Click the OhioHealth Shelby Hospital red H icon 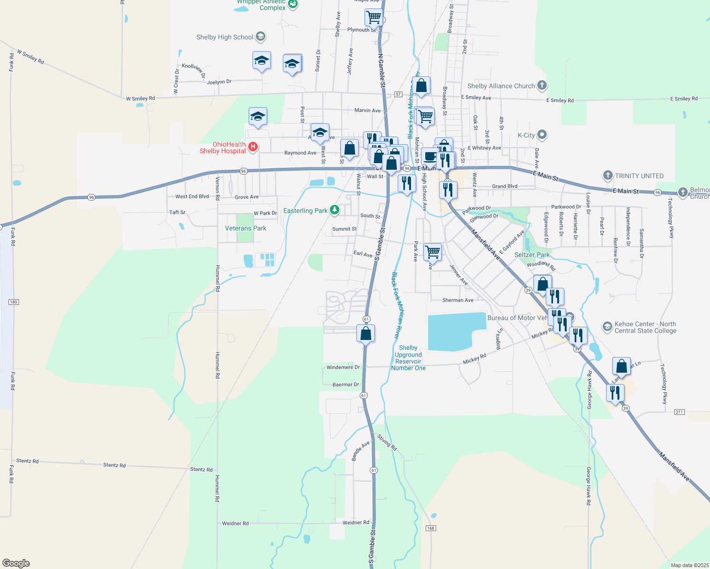pyautogui.click(x=253, y=147)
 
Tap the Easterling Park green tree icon pyautogui.click(x=335, y=210)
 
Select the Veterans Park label pyautogui.click(x=245, y=228)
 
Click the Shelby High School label pyautogui.click(x=225, y=37)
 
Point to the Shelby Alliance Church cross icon pyautogui.click(x=542, y=86)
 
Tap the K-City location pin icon pyautogui.click(x=542, y=135)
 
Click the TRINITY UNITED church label pyautogui.click(x=639, y=176)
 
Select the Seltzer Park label pyautogui.click(x=532, y=255)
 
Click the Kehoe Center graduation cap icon pyautogui.click(x=607, y=327)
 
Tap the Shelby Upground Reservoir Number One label pyautogui.click(x=408, y=358)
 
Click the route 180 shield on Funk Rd pyautogui.click(x=13, y=302)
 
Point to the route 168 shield pyautogui.click(x=430, y=528)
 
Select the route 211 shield pyautogui.click(x=679, y=412)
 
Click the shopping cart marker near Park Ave pyautogui.click(x=432, y=252)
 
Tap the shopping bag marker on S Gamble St pyautogui.click(x=366, y=333)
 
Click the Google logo pyautogui.click(x=16, y=563)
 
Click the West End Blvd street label pyautogui.click(x=192, y=196)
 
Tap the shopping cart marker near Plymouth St pyautogui.click(x=374, y=18)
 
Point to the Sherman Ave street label pyautogui.click(x=458, y=300)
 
